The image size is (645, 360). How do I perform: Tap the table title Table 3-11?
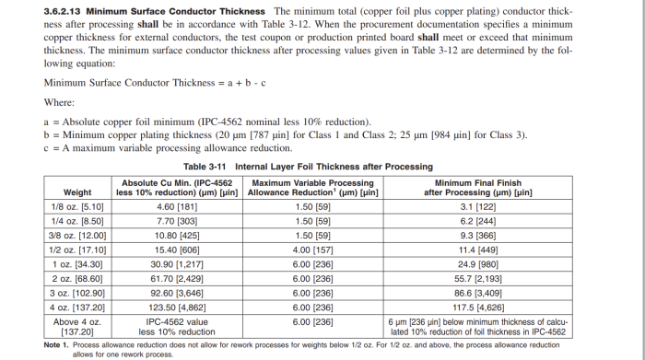pos(208,167)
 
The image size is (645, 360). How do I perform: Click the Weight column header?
pos(77,188)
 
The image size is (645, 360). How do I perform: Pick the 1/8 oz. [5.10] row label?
pos(77,208)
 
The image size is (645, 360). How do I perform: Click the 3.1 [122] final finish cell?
pos(477,208)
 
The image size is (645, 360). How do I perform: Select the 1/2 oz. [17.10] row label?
pos(77,250)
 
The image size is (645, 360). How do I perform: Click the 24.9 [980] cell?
pos(477,263)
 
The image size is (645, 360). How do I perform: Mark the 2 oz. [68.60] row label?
pos(77,277)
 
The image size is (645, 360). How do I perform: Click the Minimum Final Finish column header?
pos(477,188)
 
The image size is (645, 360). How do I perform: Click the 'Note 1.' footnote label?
pos(57,343)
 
